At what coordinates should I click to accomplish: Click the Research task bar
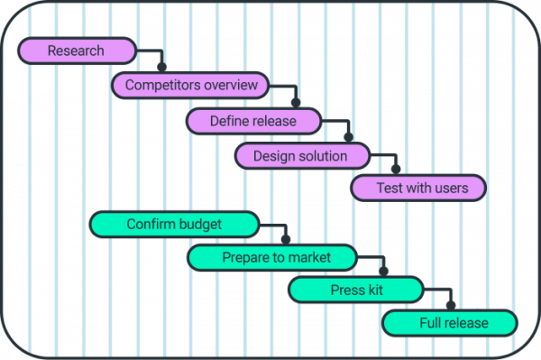(77, 51)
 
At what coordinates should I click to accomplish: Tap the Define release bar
(253, 120)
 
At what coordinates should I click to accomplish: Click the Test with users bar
(417, 189)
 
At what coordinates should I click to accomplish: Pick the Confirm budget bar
(175, 224)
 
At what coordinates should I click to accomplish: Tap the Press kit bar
(355, 290)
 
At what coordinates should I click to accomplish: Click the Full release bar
(450, 323)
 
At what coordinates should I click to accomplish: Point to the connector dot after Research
(162, 67)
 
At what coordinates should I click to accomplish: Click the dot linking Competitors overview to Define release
(296, 102)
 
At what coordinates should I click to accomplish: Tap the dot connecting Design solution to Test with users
(395, 170)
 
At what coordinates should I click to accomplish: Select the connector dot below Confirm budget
(287, 239)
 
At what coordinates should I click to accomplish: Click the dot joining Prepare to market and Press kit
(383, 272)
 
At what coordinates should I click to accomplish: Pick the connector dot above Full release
(451, 306)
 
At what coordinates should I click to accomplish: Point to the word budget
(201, 224)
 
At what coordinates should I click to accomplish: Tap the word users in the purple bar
(449, 189)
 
